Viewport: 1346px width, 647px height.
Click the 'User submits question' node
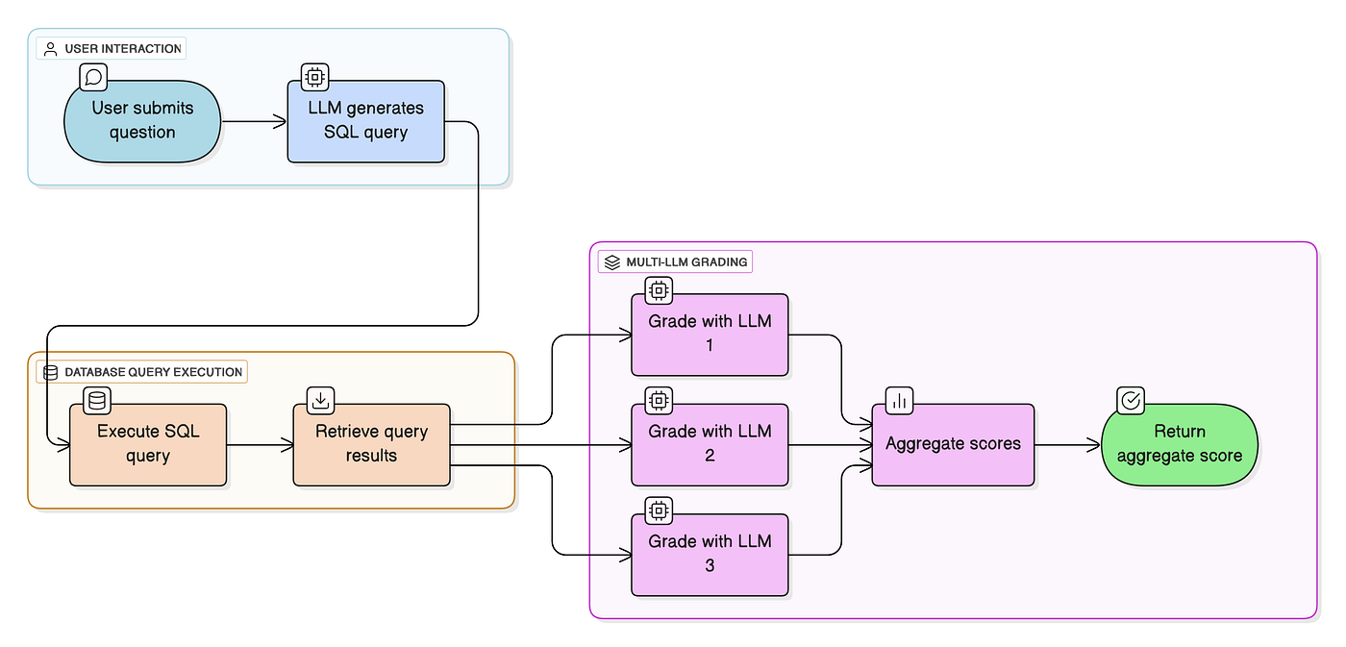click(x=142, y=121)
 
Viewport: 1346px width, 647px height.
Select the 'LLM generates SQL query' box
click(x=365, y=121)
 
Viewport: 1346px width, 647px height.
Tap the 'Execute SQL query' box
click(x=148, y=444)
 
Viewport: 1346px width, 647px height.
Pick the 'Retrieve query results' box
click(x=371, y=444)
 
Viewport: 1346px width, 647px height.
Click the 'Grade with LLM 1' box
click(x=710, y=334)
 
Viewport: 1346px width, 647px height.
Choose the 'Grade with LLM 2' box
click(x=710, y=444)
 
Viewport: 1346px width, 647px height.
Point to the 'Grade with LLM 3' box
click(x=710, y=554)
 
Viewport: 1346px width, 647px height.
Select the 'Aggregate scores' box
click(x=953, y=444)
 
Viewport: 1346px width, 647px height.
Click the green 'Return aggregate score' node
click(x=1179, y=444)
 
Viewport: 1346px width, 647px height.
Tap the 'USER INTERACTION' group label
click(x=112, y=48)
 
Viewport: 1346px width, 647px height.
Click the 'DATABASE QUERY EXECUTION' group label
click(x=142, y=371)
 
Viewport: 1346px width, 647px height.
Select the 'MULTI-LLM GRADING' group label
click(x=675, y=261)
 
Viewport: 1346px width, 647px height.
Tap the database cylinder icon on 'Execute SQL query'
click(x=97, y=400)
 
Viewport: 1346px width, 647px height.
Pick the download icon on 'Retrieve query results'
click(x=320, y=400)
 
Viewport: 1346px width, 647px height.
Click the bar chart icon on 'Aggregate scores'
click(x=900, y=401)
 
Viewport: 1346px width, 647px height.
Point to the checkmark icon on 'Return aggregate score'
click(x=1131, y=400)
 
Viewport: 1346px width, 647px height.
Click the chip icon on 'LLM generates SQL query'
click(x=315, y=77)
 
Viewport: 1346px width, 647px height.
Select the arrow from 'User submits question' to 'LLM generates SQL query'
click(x=254, y=121)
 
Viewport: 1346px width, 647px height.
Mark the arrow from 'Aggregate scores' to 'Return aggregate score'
click(x=1067, y=444)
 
